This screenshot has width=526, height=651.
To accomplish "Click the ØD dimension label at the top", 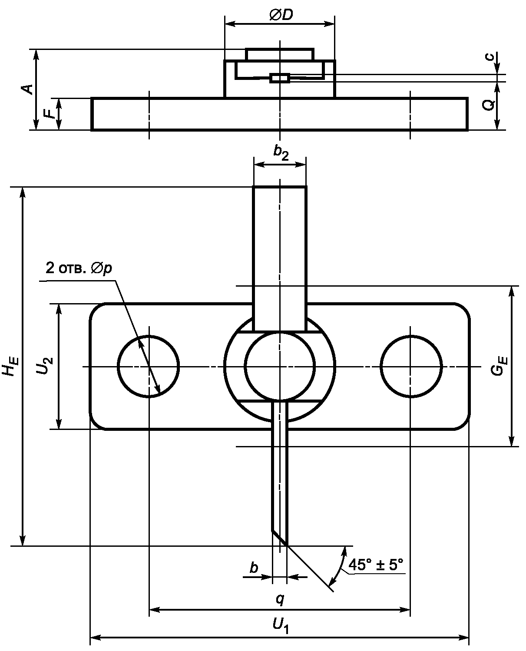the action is pyautogui.click(x=281, y=14).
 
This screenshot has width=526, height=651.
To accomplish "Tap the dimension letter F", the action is pyautogui.click(x=50, y=113).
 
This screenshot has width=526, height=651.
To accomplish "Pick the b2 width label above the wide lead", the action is pyautogui.click(x=281, y=153).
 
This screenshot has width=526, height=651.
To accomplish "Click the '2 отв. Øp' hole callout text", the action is pyautogui.click(x=79, y=268).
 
